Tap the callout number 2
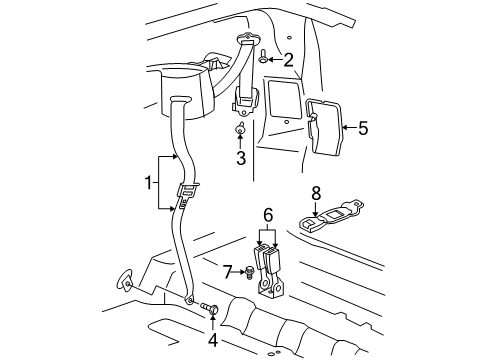(x=288, y=61)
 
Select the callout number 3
(x=240, y=158)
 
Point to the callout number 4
(x=213, y=339)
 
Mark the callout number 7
(x=228, y=270)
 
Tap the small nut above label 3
(x=240, y=130)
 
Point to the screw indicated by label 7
(x=250, y=271)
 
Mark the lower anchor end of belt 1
(x=191, y=297)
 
